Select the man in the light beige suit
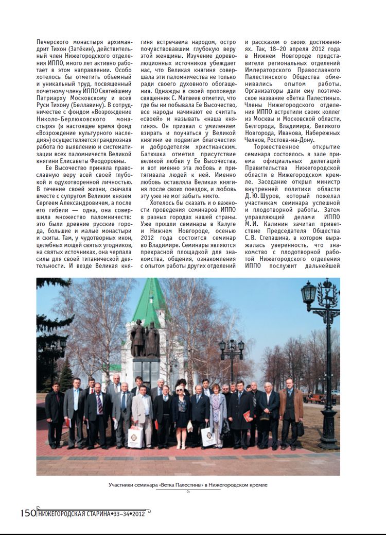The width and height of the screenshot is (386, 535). pos(142,412)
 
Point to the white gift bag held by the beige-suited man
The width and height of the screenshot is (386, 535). pos(135,436)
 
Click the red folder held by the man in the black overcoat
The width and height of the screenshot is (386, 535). pos(248,415)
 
